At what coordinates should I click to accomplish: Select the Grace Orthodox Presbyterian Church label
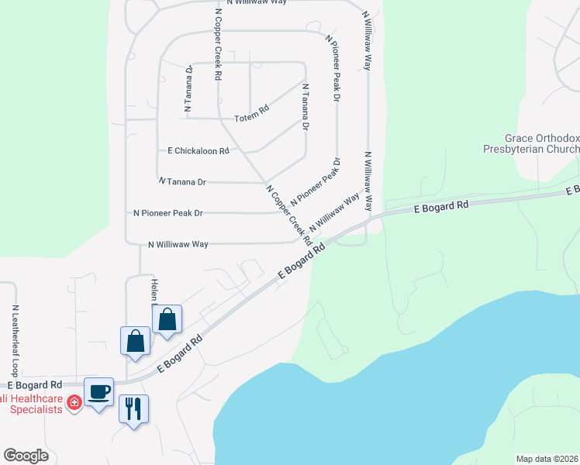531,143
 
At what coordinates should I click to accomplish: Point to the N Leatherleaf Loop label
15,340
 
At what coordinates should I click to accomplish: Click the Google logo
26,456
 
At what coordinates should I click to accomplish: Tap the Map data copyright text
547,459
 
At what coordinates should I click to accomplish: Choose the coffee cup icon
98,391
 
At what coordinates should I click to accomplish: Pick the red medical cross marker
74,402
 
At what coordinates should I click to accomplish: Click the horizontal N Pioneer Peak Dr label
167,212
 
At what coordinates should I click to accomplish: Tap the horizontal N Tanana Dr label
182,181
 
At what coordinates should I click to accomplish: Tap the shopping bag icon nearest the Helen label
167,319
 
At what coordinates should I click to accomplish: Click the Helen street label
154,290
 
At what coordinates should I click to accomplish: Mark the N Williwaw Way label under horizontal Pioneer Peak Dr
178,243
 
